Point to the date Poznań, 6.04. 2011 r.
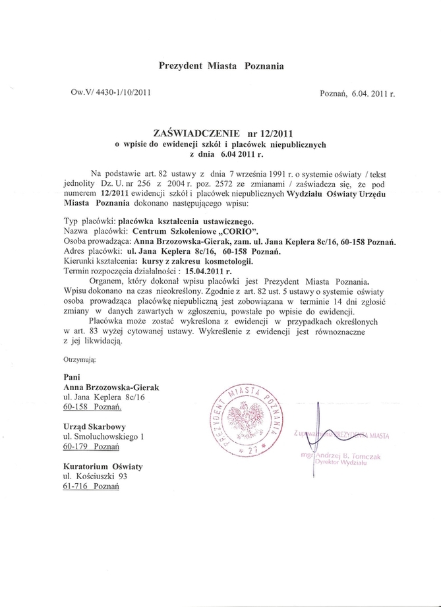click(357, 94)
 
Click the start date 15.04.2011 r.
click(199, 271)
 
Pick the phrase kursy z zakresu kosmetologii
click(175, 262)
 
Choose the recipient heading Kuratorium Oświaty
click(102, 467)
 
